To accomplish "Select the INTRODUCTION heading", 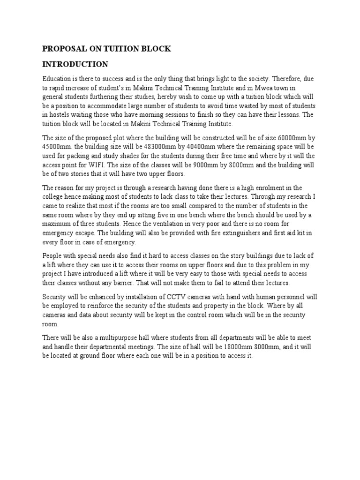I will pyautogui.click(x=75, y=64).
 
